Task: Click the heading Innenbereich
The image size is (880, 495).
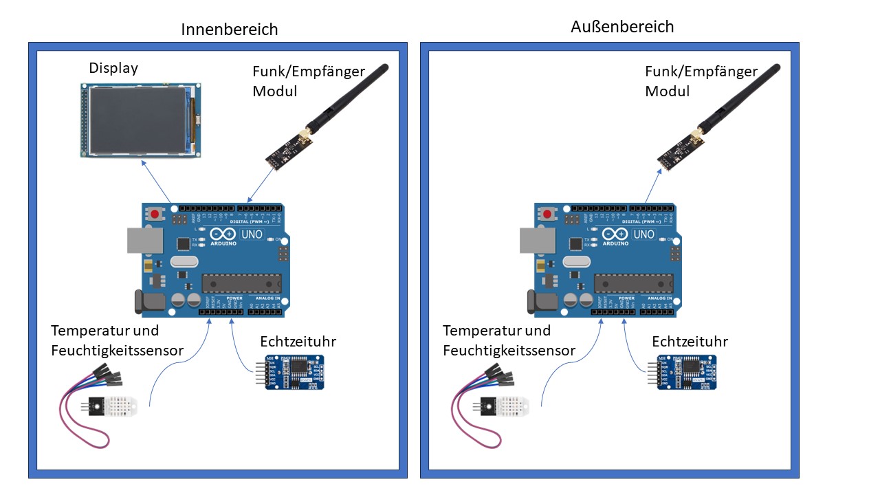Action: (230, 30)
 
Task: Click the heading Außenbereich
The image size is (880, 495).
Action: (622, 27)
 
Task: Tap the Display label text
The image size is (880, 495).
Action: (113, 68)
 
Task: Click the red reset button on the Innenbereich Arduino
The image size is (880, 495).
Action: (155, 214)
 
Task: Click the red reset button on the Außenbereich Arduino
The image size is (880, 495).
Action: (547, 214)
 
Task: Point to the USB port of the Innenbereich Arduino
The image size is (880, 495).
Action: (144, 239)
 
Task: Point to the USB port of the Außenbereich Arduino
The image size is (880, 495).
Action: (537, 239)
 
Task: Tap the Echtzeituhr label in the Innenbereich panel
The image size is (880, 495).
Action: (298, 342)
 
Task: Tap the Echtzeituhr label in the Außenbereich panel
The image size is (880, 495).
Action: (690, 342)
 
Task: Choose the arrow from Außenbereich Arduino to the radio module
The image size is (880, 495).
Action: (652, 186)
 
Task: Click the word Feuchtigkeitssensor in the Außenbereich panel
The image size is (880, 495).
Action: (509, 351)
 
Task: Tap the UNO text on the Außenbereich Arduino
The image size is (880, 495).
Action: (644, 234)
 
